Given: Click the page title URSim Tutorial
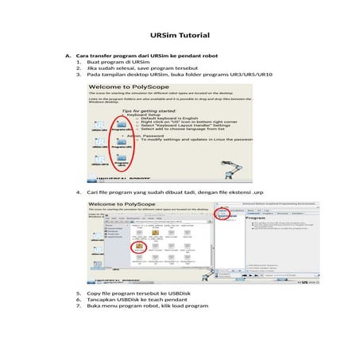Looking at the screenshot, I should (x=179, y=37).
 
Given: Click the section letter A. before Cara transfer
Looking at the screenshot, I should (x=68, y=56).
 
